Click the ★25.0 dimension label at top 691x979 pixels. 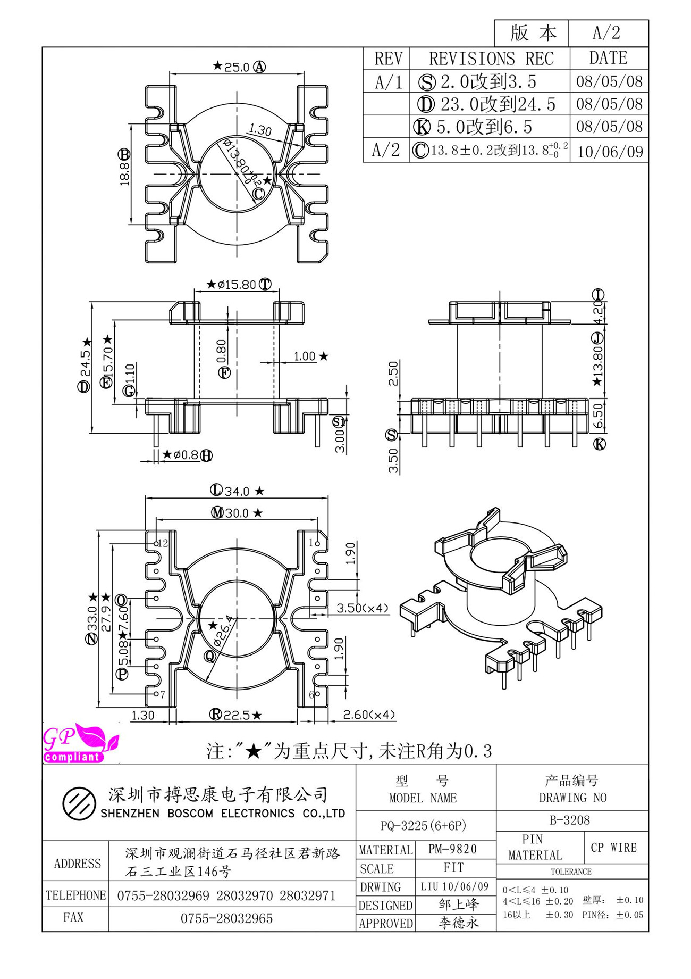(x=231, y=67)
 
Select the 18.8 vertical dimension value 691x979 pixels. (x=125, y=173)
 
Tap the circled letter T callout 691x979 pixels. (x=265, y=284)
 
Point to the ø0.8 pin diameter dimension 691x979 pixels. (x=180, y=455)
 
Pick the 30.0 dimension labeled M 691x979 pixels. (x=237, y=513)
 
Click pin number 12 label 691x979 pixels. (x=163, y=543)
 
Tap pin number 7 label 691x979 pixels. (x=163, y=694)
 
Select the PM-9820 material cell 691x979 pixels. (x=453, y=849)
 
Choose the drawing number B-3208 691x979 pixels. (x=570, y=820)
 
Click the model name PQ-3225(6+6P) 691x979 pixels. (x=423, y=826)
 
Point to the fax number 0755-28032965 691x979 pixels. (x=227, y=919)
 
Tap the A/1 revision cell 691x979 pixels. (x=389, y=82)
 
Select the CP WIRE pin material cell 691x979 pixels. (x=614, y=848)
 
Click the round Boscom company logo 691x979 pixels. (x=79, y=803)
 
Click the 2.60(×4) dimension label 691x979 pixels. (x=369, y=715)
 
